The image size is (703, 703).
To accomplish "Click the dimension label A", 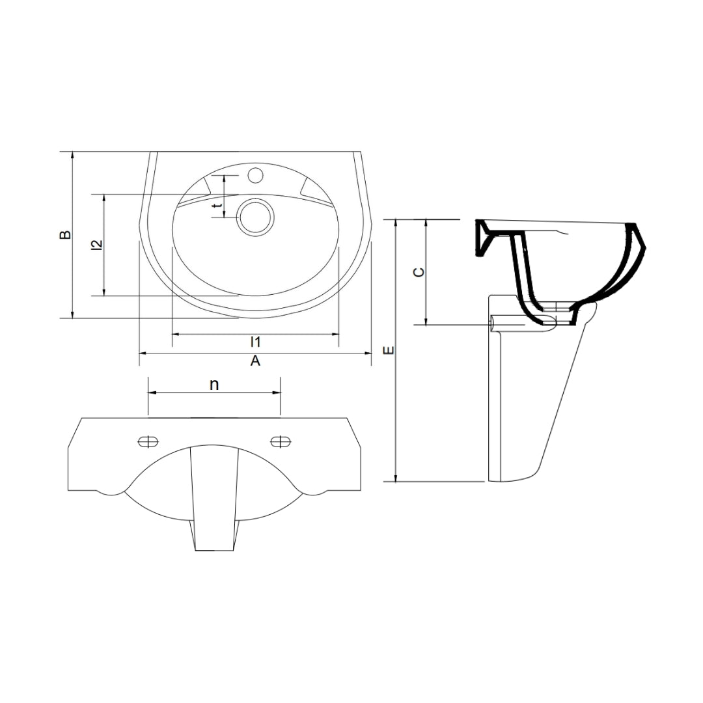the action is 255,360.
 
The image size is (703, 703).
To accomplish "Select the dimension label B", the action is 66,234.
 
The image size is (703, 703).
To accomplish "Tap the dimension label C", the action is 419,272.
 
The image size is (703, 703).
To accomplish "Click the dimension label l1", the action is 256,342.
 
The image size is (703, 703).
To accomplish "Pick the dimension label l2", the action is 97,245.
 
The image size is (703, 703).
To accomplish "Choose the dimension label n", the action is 214,385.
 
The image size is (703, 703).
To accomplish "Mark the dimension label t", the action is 218,205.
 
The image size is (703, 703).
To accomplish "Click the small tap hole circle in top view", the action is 256,175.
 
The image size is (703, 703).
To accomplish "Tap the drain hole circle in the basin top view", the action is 255,217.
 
